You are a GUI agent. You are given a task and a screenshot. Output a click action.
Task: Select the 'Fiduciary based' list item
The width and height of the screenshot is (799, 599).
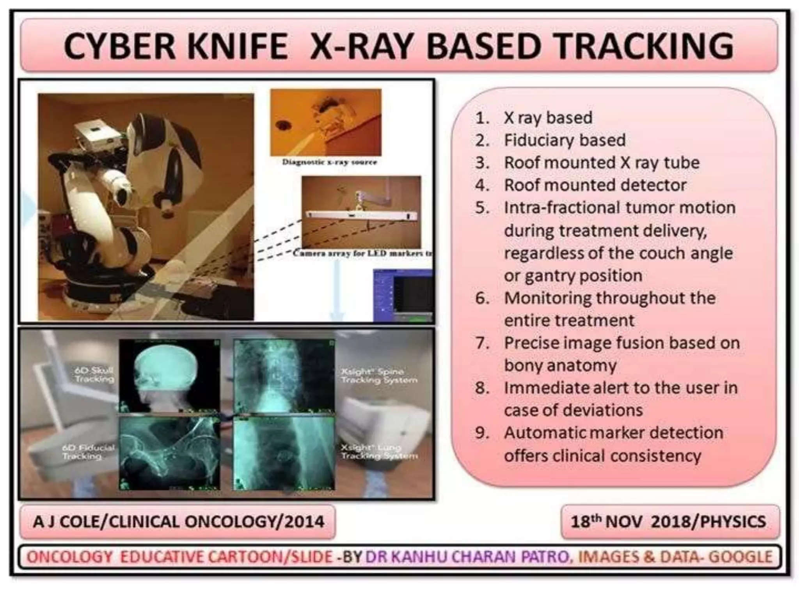tap(564, 140)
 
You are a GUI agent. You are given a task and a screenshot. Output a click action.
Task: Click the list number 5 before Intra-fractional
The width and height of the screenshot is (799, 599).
tap(482, 208)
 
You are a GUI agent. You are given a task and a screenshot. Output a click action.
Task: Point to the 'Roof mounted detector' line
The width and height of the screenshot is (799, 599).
tap(595, 185)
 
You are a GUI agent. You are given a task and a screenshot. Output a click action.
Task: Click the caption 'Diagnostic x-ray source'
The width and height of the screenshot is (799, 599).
tap(330, 162)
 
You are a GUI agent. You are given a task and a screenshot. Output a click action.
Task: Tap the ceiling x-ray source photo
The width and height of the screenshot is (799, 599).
tap(326, 122)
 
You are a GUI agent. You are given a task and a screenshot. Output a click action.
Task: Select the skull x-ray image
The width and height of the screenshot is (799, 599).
tap(169, 375)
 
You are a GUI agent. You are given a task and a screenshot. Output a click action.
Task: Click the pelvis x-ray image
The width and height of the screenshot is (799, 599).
tap(169, 453)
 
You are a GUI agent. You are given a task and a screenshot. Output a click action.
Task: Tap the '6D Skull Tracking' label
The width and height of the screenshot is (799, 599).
tap(94, 374)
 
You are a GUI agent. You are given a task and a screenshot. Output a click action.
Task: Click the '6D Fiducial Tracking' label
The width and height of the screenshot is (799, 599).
tap(88, 452)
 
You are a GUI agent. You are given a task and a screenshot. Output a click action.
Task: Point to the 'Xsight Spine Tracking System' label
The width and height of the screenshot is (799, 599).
tap(379, 376)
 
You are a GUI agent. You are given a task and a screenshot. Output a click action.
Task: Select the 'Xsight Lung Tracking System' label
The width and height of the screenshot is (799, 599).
tap(379, 452)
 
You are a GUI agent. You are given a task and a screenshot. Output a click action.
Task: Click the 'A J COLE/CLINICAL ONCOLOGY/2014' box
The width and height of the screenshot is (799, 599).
tap(178, 522)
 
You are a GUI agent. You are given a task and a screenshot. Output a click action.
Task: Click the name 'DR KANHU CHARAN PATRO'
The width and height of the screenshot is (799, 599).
tap(467, 557)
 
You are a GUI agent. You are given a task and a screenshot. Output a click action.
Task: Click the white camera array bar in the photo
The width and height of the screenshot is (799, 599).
tap(361, 215)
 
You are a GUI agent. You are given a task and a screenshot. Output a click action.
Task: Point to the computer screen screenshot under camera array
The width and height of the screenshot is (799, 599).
tap(403, 295)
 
